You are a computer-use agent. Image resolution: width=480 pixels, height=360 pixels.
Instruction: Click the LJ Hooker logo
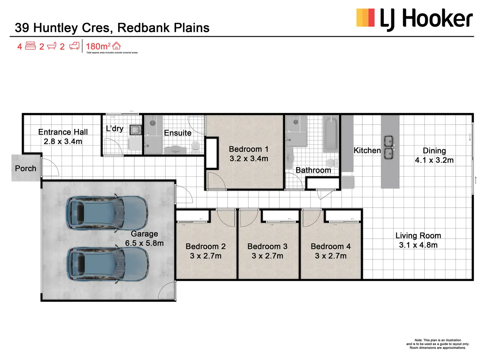(x=414, y=19)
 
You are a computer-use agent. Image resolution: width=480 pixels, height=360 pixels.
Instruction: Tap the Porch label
(x=25, y=168)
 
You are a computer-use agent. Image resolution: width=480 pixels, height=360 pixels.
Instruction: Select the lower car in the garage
(x=108, y=264)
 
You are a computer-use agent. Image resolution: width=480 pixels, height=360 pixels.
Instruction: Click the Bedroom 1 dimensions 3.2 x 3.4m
(x=249, y=159)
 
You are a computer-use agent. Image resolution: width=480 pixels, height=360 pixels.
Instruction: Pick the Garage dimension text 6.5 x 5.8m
(x=144, y=243)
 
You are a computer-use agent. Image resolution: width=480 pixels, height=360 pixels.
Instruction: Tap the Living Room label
(x=418, y=236)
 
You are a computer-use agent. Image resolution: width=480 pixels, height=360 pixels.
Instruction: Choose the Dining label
(x=434, y=150)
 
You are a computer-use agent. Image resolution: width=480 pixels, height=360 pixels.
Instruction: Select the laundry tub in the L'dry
(x=135, y=130)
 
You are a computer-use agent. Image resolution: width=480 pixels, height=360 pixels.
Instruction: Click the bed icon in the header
(x=30, y=46)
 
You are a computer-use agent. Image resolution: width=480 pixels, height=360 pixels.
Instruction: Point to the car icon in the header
(x=74, y=46)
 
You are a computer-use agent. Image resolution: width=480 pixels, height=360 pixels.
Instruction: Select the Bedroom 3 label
(x=267, y=246)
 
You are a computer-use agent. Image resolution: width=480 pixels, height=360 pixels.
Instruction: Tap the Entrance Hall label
(x=63, y=132)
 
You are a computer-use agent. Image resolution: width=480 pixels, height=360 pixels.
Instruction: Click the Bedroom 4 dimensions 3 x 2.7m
(x=331, y=256)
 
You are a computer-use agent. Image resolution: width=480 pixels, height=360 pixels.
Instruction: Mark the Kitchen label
(x=367, y=150)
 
